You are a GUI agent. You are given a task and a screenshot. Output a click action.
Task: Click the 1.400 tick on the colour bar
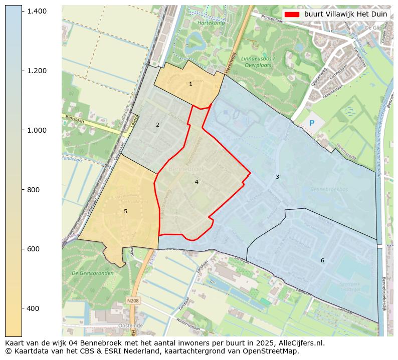pos(36,11)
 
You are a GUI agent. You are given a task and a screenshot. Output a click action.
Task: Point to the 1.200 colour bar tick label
pos(36,71)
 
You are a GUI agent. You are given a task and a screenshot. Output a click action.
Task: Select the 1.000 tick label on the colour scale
pos(36,130)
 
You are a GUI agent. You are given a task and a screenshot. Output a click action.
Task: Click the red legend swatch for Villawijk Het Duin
pos(291,14)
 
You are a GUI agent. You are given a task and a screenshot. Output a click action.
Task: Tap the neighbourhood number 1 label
pos(190,84)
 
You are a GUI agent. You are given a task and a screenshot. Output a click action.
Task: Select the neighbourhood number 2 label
pos(157,125)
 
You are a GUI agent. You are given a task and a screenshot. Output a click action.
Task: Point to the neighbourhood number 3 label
pos(277,177)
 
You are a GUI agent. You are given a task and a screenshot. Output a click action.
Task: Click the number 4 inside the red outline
pos(196,182)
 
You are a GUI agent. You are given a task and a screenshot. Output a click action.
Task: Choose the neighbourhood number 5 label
pos(125,211)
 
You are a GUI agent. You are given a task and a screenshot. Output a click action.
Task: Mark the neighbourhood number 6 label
pos(322,260)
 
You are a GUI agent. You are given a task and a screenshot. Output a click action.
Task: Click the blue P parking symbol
pos(312,123)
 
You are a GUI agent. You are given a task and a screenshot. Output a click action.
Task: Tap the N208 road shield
pos(133,300)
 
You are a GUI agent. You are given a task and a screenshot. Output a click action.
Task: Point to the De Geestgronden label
pos(93,273)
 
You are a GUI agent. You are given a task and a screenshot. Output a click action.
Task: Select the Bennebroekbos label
pos(329,190)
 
